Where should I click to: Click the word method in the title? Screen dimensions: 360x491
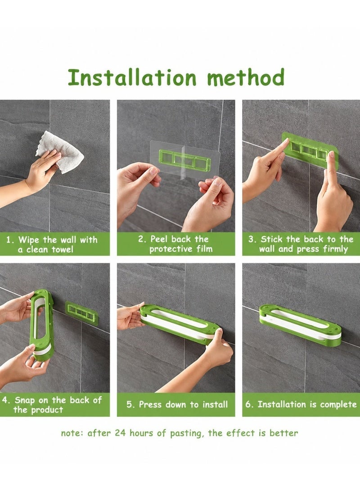pyautogui.click(x=246, y=77)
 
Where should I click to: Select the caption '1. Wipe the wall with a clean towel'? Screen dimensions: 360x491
pyautogui.click(x=52, y=245)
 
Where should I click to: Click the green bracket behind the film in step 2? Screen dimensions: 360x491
pyautogui.click(x=184, y=160)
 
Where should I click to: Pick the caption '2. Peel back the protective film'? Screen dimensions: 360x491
pyautogui.click(x=175, y=244)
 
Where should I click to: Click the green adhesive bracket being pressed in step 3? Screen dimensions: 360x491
pyautogui.click(x=309, y=150)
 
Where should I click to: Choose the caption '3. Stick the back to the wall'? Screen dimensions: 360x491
pyautogui.click(x=301, y=244)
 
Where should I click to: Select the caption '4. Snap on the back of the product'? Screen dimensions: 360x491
pyautogui.click(x=52, y=405)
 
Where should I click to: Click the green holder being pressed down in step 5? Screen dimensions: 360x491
pyautogui.click(x=179, y=325)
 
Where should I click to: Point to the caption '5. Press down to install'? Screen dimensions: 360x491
pyautogui.click(x=177, y=404)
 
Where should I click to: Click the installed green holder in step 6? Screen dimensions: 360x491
pyautogui.click(x=300, y=325)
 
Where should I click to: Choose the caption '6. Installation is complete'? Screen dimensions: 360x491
pyautogui.click(x=301, y=404)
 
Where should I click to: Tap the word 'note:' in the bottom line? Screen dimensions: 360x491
pyautogui.click(x=72, y=433)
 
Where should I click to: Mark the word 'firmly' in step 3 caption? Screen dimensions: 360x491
pyautogui.click(x=335, y=249)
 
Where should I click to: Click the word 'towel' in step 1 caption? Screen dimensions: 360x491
pyautogui.click(x=63, y=250)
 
